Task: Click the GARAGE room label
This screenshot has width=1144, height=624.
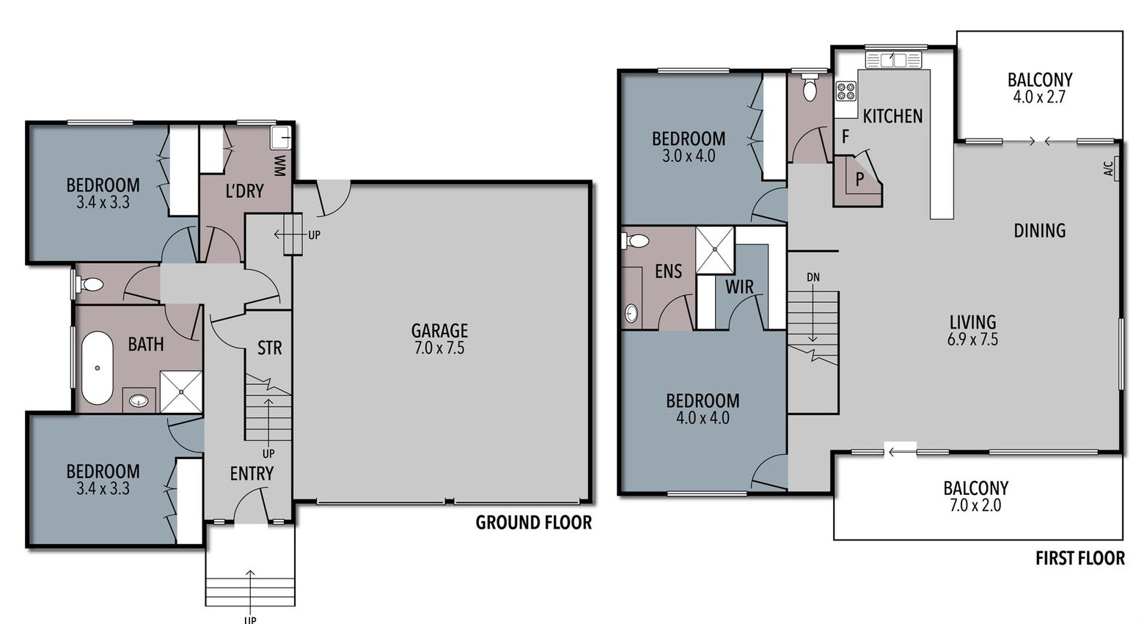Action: coord(439,331)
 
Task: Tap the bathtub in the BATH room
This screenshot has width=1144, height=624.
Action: coord(97,367)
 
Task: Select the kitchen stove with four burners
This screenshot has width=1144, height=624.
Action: coord(846,92)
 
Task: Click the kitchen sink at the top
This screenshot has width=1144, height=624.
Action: coord(893,60)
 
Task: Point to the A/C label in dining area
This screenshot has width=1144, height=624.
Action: coord(1108,169)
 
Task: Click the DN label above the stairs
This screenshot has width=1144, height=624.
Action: coord(813,277)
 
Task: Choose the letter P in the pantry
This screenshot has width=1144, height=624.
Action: coord(859,179)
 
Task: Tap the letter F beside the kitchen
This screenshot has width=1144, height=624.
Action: coord(846,136)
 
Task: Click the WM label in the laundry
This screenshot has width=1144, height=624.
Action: coord(279,166)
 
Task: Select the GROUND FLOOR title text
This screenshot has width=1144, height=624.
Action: coord(534,522)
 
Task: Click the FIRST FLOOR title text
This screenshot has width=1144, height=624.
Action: coord(1080,558)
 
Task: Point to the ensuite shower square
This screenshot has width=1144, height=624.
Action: coord(715,250)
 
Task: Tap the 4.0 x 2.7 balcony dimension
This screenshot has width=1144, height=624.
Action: coord(1039,97)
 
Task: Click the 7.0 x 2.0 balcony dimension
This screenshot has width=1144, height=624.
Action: coord(975,505)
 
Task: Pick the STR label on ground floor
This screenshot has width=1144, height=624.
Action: coord(269,348)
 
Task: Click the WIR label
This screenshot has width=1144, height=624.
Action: coord(739,287)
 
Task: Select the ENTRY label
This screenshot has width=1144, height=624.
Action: coord(252,474)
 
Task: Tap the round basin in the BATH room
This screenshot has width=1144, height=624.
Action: coord(139,400)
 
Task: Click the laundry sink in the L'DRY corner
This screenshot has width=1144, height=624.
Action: coord(280,138)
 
